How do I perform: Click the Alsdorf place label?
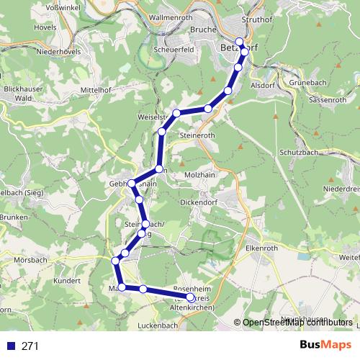click(261, 84)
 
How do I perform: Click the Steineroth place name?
click(199, 135)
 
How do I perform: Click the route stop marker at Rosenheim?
click(191, 297)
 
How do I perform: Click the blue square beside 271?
click(10, 346)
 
